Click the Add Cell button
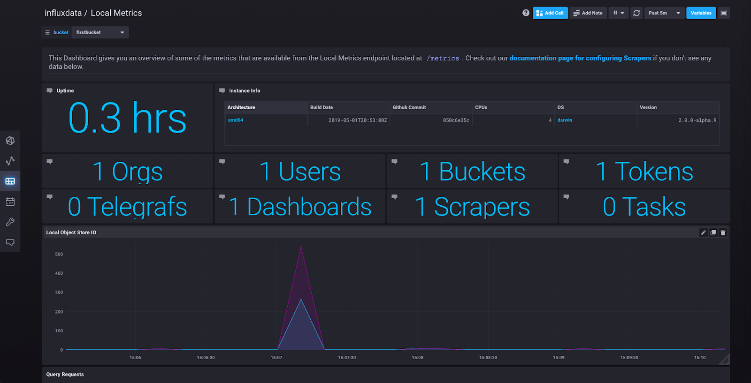tap(550, 13)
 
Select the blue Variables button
tap(701, 13)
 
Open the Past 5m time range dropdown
tap(664, 13)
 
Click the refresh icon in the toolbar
tap(636, 13)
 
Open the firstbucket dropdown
tap(100, 32)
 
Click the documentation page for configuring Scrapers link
tap(580, 58)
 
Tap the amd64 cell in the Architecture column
tap(236, 120)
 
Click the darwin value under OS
tap(565, 120)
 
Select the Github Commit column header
tap(409, 107)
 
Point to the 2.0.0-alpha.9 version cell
tap(697, 120)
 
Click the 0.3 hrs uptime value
tap(127, 118)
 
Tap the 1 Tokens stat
tap(644, 172)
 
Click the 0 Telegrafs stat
tap(127, 207)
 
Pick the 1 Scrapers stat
tap(472, 207)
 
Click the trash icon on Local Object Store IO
tap(723, 233)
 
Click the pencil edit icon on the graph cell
tap(703, 233)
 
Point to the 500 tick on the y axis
tap(59, 254)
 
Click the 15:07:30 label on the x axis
tap(347, 358)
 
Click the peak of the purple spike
tap(301, 247)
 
